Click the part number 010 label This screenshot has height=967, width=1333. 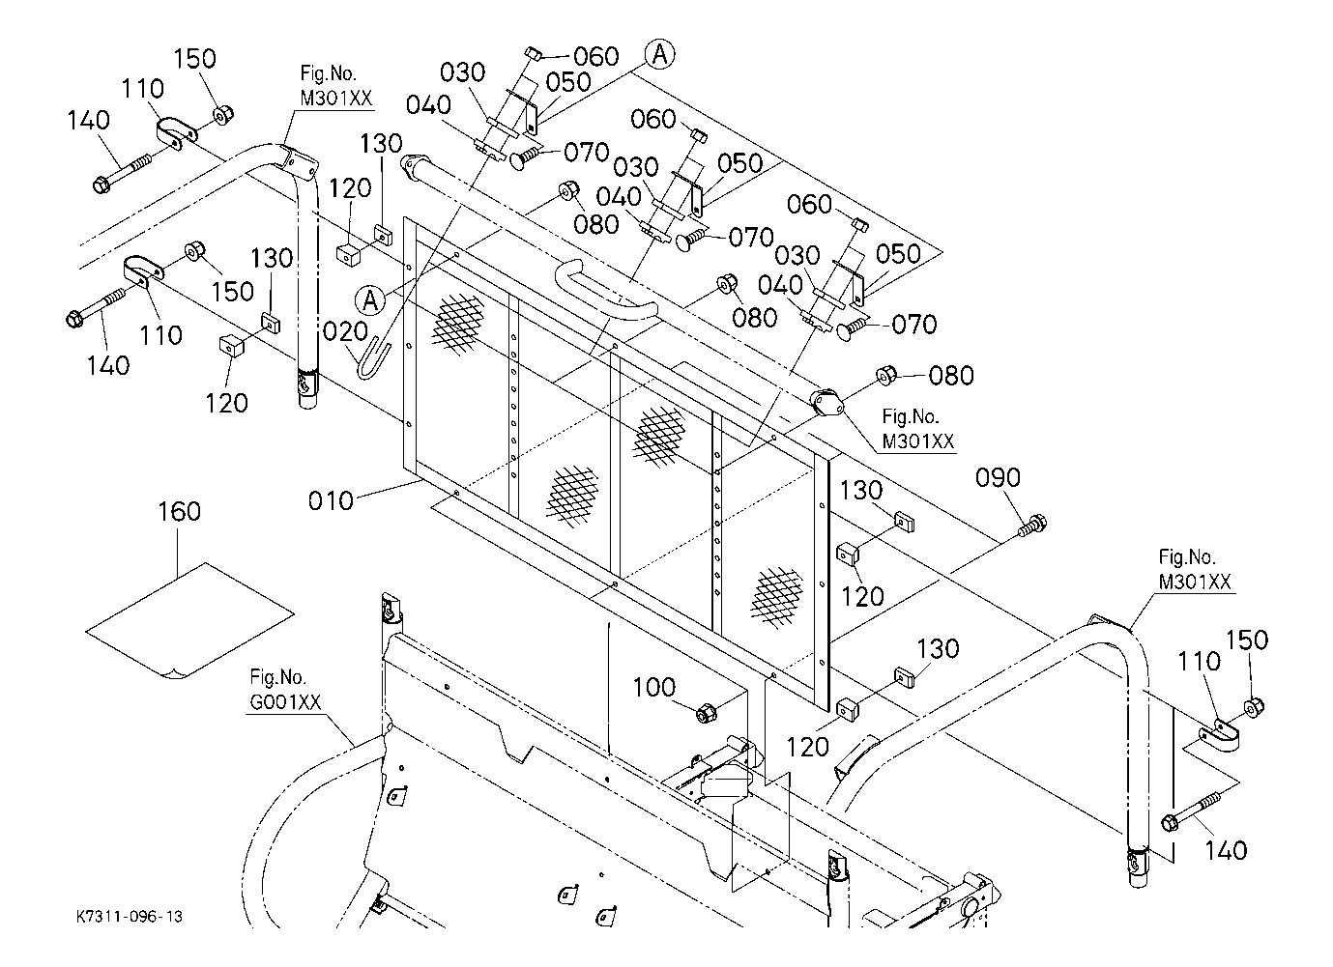tap(331, 500)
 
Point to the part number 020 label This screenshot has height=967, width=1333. tap(345, 332)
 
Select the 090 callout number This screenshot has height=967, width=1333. tap(998, 477)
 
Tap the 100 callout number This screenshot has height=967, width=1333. tap(654, 688)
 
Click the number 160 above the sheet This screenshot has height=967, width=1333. tap(179, 511)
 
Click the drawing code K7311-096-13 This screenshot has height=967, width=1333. tap(130, 917)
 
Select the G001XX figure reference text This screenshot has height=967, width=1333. tap(285, 702)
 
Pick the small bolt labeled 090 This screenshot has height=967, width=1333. tap(1031, 526)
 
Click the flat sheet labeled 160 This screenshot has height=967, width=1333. tap(189, 620)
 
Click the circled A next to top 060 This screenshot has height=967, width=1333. tap(660, 55)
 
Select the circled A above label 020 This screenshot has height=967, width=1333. tap(370, 300)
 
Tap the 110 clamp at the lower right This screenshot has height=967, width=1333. tap(1219, 737)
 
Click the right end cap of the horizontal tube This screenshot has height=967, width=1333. tap(827, 404)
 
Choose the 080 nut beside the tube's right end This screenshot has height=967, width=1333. tap(886, 376)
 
